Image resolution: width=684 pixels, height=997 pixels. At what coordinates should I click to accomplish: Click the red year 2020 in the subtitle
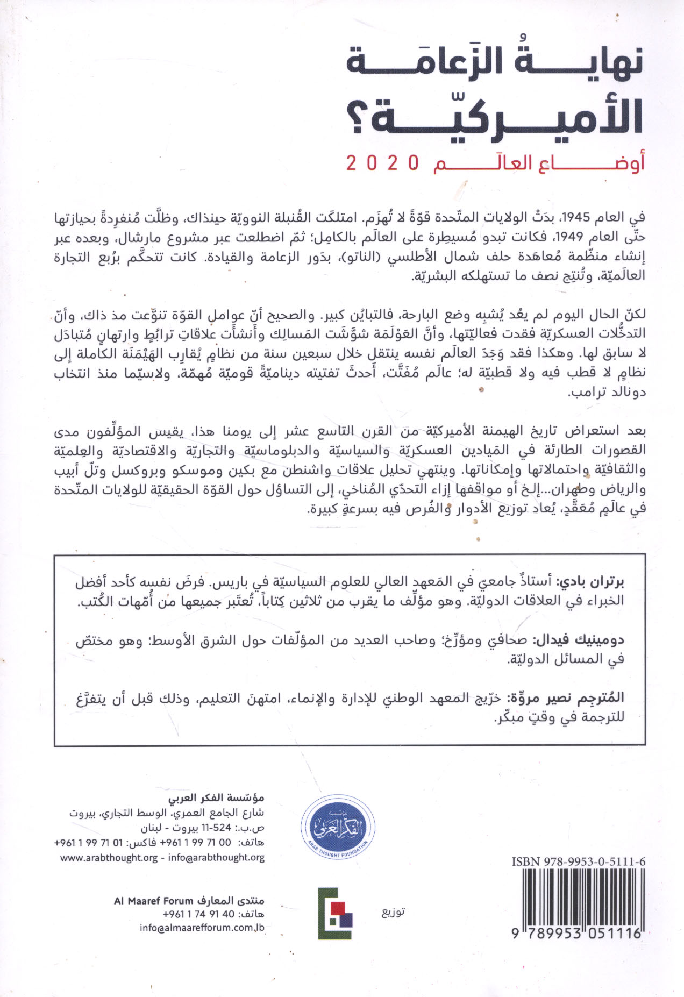382,162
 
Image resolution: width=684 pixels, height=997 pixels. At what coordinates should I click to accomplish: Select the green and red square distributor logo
335,914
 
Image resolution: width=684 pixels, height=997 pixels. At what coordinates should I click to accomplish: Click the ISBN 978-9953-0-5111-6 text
579,861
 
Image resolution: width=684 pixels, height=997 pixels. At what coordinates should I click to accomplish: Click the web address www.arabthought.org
109,858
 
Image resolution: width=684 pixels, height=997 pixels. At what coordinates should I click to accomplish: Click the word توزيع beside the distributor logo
393,911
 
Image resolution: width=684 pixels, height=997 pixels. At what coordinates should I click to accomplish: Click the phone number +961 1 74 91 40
198,914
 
